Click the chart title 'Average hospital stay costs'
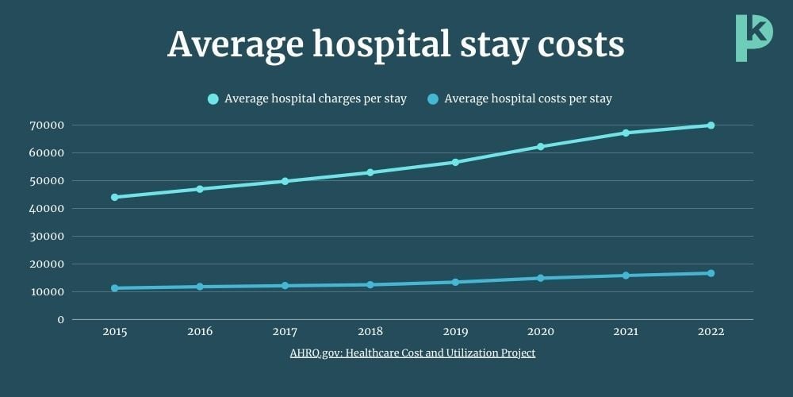pos(396,44)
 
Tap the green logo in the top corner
pos(752,37)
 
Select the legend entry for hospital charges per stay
pos(307,99)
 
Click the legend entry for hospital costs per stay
pos(520,99)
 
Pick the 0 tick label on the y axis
pos(60,320)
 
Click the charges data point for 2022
pos(711,125)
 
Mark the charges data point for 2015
pos(115,197)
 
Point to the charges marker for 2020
pos(541,147)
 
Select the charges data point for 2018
pos(370,172)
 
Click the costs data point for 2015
pos(115,288)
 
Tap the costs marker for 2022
pos(711,273)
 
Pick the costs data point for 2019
pos(455,282)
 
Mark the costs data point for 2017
pos(285,286)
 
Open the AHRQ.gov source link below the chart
pos(412,353)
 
